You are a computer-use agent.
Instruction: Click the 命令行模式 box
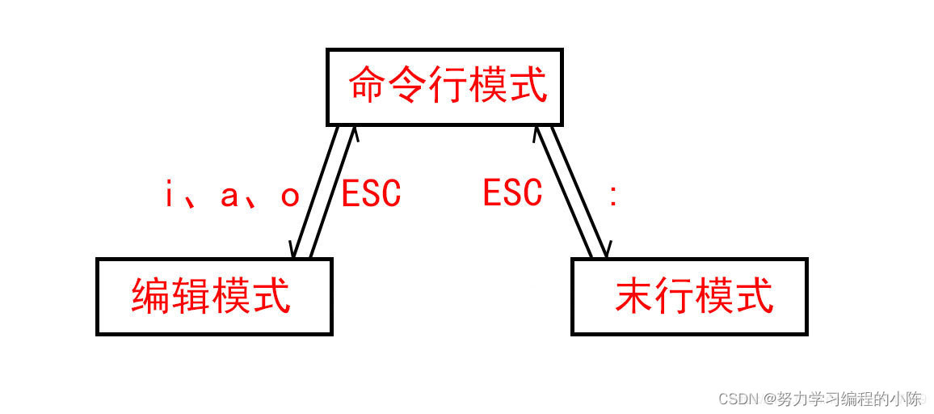(x=445, y=86)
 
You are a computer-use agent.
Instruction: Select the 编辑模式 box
(x=214, y=296)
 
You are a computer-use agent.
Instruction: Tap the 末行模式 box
(x=689, y=296)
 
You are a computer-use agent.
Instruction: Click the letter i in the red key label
(x=170, y=195)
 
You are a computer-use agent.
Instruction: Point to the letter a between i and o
(x=229, y=196)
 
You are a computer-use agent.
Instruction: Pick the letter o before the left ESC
(x=290, y=196)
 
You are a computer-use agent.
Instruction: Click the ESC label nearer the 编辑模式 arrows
(x=371, y=194)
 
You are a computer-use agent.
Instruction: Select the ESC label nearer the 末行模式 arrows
(x=512, y=194)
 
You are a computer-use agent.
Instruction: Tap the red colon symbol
(x=613, y=196)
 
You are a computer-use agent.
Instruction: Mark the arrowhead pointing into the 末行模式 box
(x=604, y=250)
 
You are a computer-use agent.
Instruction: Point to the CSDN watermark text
(x=735, y=399)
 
